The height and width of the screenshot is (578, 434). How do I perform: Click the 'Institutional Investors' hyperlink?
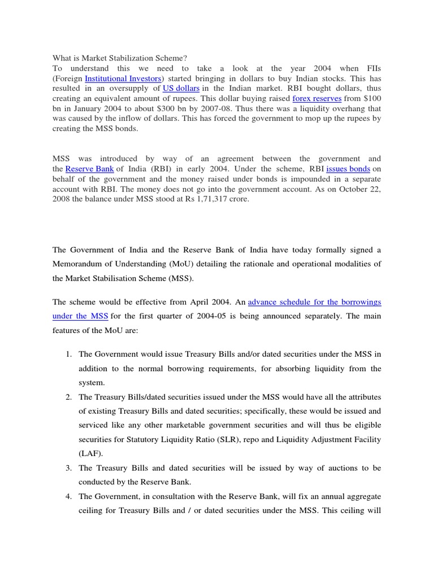coord(122,78)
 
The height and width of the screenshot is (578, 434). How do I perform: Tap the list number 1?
coord(67,354)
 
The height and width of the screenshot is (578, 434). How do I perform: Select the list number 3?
coord(67,468)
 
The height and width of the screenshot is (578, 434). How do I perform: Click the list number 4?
coord(67,496)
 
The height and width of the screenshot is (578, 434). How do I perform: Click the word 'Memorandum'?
coord(78,264)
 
